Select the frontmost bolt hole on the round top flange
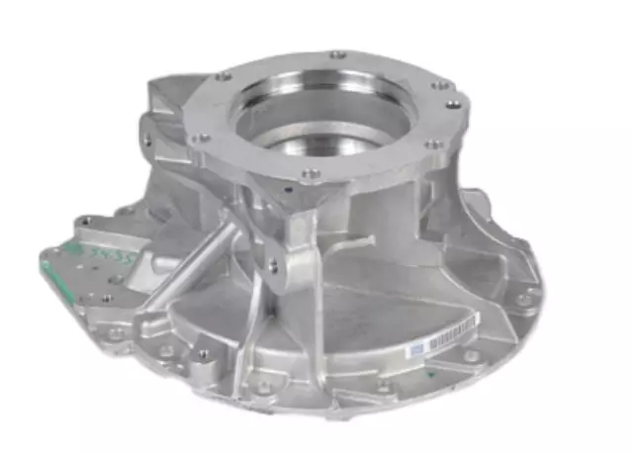tap(310, 174)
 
